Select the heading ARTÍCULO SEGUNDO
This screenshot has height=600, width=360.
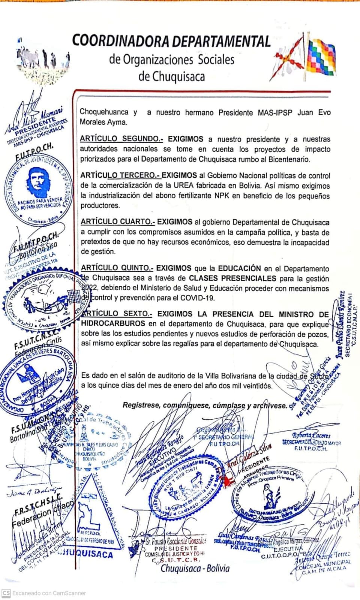121,139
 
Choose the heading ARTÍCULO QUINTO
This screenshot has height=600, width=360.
117,268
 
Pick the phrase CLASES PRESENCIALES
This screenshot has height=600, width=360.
232,278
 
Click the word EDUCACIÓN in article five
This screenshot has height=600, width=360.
240,268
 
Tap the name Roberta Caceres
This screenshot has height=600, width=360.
311,435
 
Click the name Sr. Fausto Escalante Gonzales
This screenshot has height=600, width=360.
176,541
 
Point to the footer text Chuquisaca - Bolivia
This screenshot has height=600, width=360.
195,568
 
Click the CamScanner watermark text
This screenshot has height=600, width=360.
49,593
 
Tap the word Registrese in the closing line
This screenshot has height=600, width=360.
141,405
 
